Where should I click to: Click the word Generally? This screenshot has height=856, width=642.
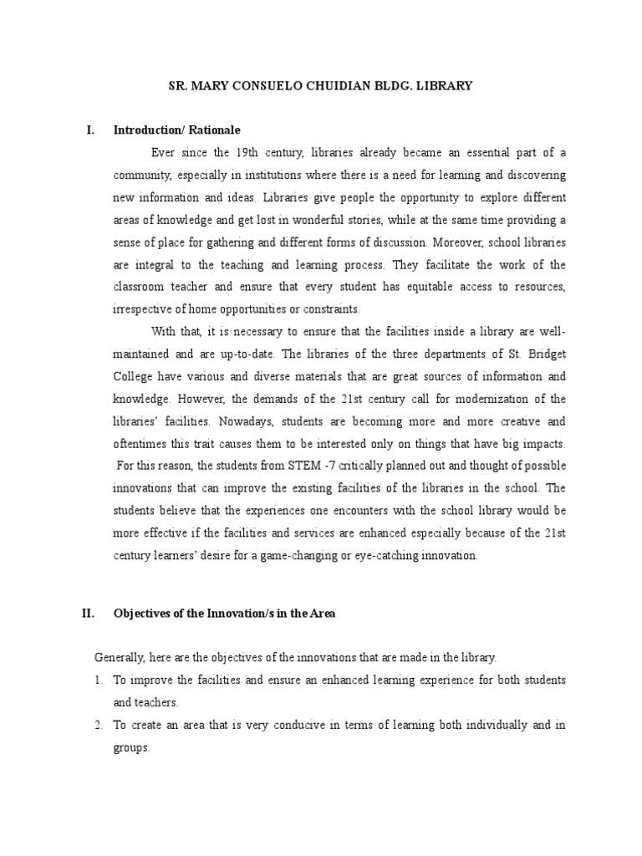pyautogui.click(x=120, y=658)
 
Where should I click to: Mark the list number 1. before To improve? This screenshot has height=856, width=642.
pyautogui.click(x=98, y=680)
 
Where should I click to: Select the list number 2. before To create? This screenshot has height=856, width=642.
pyautogui.click(x=98, y=726)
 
